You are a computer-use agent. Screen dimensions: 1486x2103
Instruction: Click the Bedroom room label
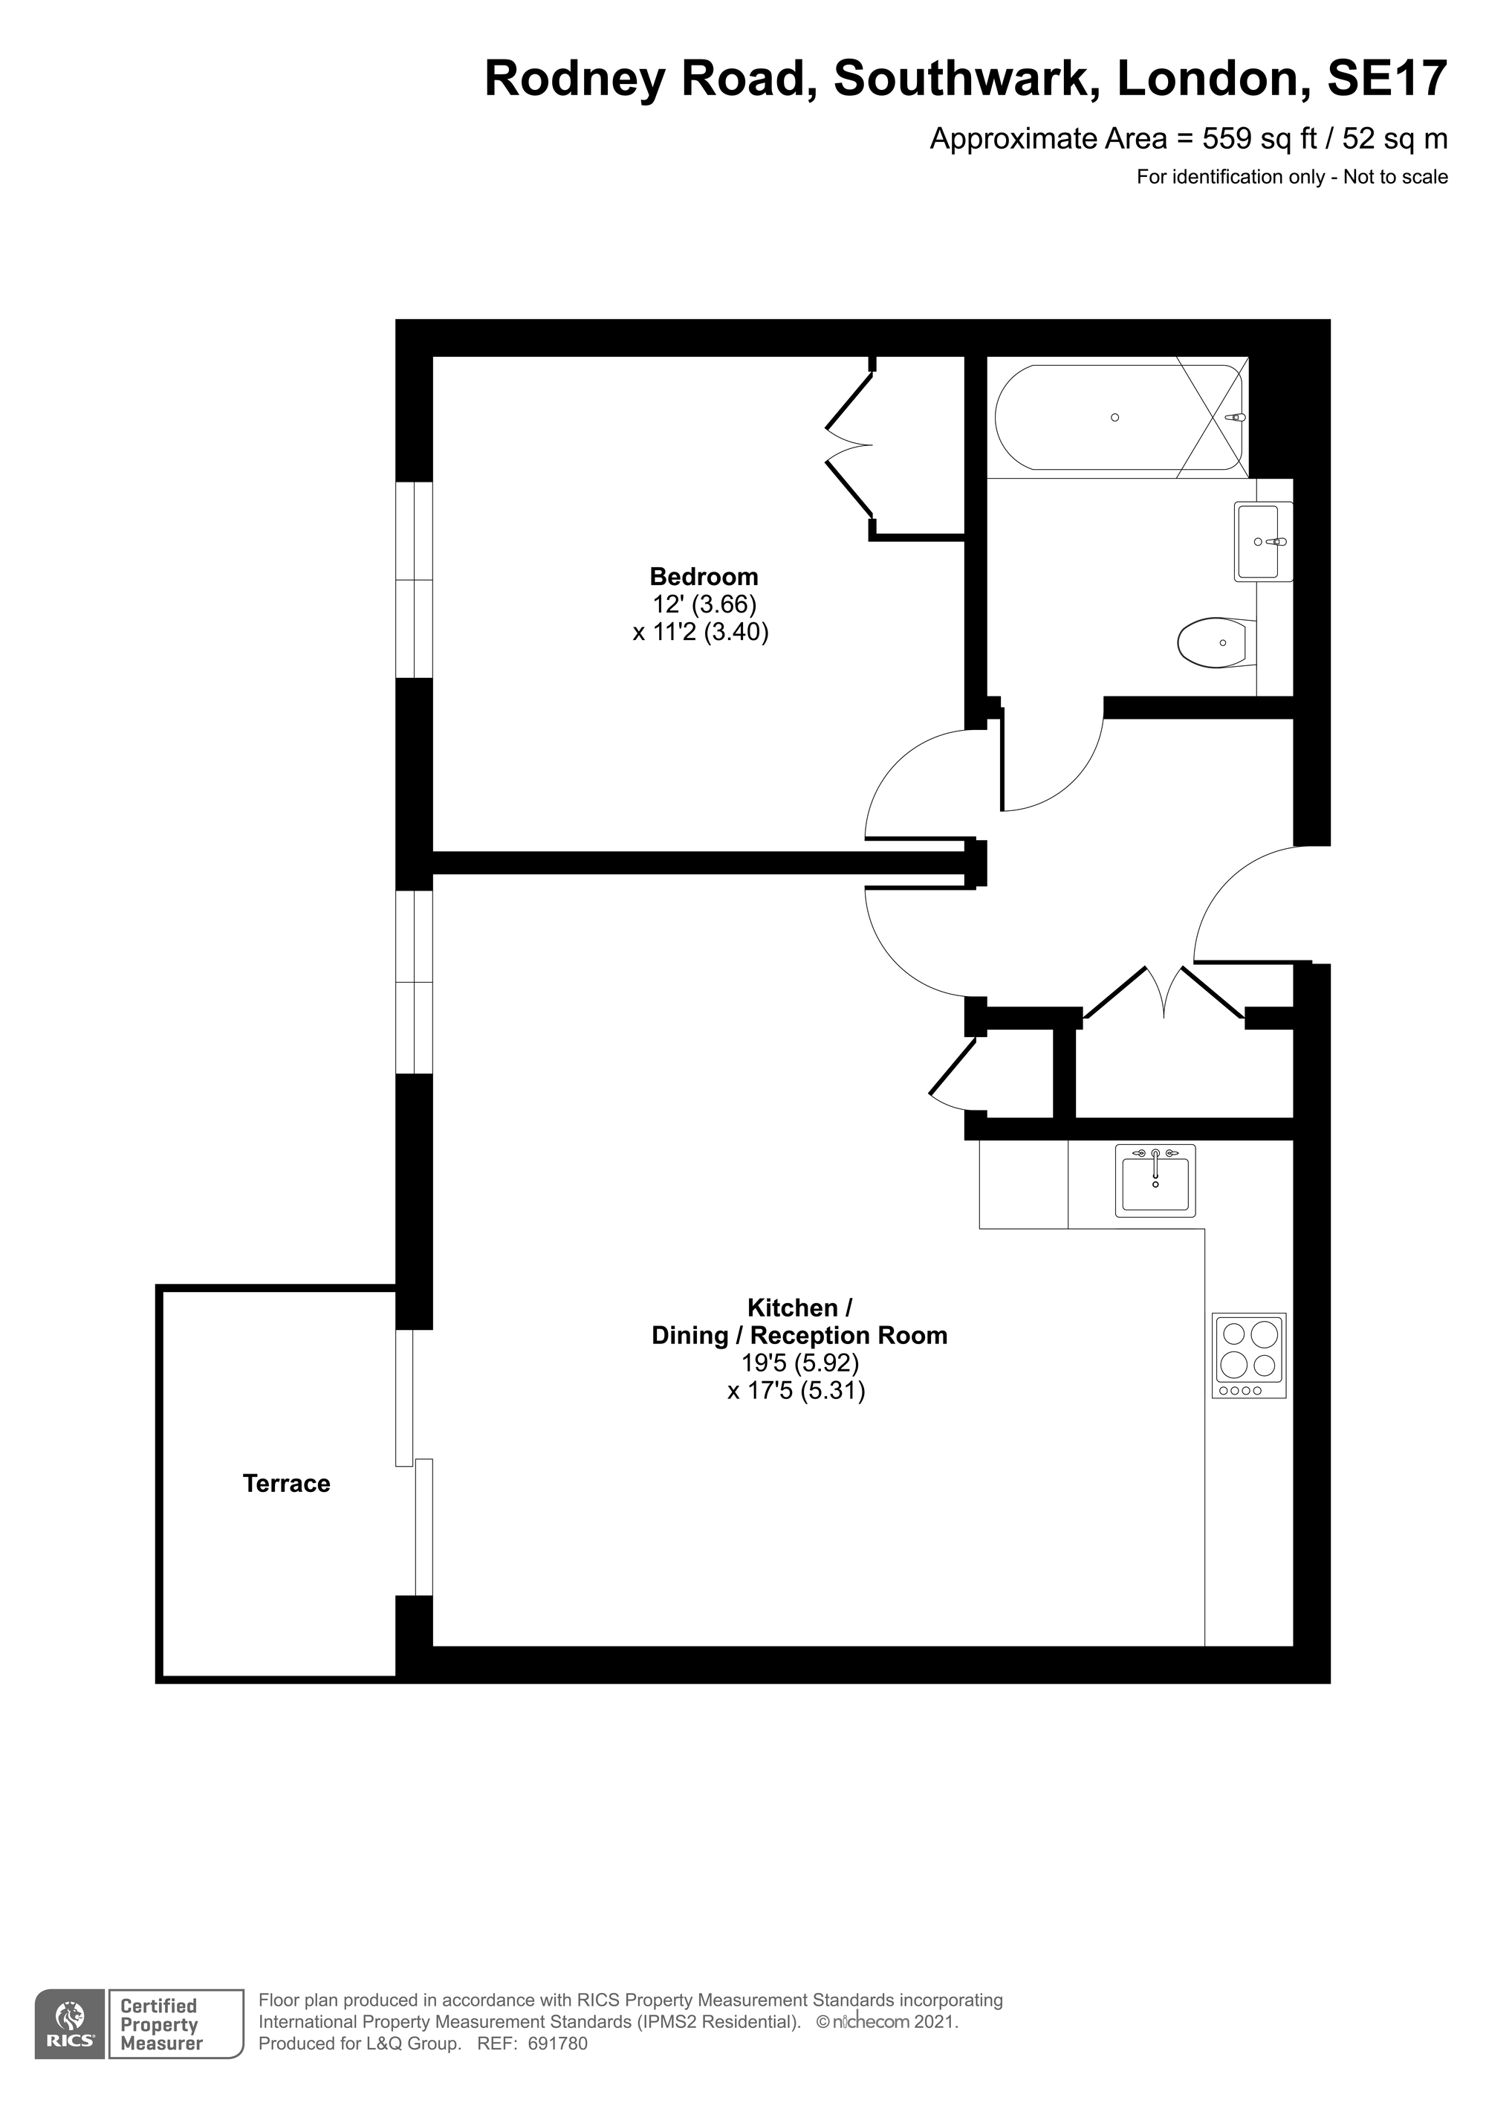click(x=704, y=577)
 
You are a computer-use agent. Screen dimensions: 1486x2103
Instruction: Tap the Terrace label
click(x=287, y=1484)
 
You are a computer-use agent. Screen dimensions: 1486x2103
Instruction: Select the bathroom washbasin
click(x=1262, y=541)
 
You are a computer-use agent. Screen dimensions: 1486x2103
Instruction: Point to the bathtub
click(x=1120, y=418)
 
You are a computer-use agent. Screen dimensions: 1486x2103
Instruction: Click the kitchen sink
click(x=1155, y=1180)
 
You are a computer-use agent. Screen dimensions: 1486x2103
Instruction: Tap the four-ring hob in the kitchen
click(x=1249, y=1356)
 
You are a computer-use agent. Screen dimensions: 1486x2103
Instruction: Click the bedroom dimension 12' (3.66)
click(x=704, y=604)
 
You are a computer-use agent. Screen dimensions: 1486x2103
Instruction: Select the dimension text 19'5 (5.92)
click(x=800, y=1363)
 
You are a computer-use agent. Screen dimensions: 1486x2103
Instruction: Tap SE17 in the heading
click(x=1387, y=79)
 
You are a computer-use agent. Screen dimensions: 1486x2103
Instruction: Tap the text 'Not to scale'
click(x=1395, y=177)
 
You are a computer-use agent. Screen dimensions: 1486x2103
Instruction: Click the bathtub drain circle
click(x=1114, y=418)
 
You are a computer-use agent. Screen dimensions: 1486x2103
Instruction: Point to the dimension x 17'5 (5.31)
click(x=796, y=1392)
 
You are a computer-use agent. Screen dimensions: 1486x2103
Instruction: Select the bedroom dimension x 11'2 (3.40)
click(x=701, y=632)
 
